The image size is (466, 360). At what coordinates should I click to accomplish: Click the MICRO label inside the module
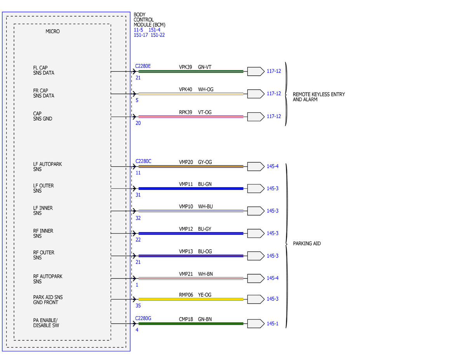point(52,31)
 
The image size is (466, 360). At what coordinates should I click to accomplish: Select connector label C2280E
point(143,66)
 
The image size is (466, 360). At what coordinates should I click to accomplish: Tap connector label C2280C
point(143,161)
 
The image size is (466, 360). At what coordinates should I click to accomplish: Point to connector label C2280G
point(143,318)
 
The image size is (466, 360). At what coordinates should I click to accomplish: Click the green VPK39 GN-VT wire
point(191,71)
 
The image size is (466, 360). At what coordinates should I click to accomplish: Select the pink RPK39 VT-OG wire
point(191,117)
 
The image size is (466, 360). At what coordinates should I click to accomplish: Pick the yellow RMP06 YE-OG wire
point(191,299)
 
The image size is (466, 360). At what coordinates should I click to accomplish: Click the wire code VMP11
point(186,184)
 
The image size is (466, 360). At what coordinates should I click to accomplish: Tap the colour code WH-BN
point(205,274)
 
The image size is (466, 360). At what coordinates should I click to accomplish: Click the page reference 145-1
point(273,323)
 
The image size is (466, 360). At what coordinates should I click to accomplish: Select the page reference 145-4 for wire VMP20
point(273,166)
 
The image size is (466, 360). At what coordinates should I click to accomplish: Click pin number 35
point(138,306)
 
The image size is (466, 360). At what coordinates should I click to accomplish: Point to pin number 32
point(138,218)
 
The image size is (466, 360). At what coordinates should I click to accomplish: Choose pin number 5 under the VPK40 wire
point(137,100)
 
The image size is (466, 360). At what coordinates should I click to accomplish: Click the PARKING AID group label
point(307,243)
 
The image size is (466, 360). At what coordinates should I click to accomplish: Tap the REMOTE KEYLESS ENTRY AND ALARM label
point(319,97)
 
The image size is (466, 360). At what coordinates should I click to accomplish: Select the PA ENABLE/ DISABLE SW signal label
point(46,323)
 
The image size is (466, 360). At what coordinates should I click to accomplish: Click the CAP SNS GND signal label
point(43,116)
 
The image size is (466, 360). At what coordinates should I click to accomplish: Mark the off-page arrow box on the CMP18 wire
point(256,324)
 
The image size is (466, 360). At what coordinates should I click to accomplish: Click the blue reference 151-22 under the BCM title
point(158,35)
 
